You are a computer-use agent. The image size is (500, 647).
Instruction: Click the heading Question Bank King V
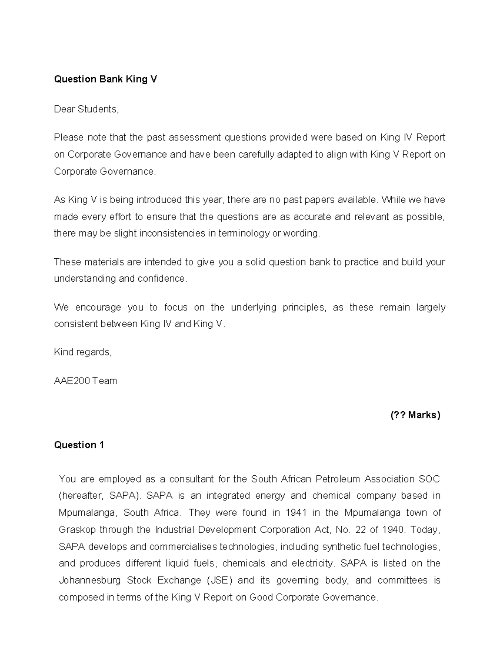105,79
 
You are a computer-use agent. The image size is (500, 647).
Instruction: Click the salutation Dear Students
86,109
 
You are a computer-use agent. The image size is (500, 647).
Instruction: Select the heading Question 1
79,445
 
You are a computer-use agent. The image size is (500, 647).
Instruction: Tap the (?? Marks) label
415,415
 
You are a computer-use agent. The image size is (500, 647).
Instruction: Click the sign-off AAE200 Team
85,381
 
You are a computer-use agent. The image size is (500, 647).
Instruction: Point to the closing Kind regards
83,352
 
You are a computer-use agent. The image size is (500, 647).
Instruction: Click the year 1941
296,512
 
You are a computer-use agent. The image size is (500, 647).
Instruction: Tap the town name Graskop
77,530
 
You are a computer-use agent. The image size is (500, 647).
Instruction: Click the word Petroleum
338,479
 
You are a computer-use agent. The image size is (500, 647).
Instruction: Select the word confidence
165,278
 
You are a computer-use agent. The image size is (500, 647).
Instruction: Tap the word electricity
312,563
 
